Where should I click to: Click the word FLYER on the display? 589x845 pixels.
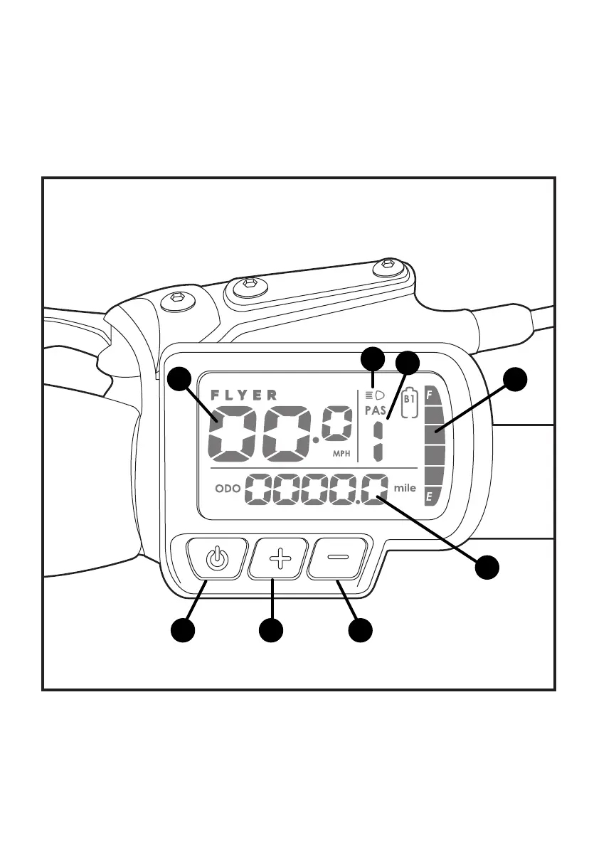pos(244,395)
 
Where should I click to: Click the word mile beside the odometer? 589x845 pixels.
pos(405,489)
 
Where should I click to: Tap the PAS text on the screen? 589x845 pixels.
pos(375,411)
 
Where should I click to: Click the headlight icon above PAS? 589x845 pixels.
pos(374,395)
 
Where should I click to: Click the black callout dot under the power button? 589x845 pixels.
pos(183,630)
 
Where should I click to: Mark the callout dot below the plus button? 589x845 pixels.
pos(272,630)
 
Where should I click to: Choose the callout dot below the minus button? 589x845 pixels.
pos(361,630)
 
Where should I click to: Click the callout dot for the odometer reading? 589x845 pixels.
pos(487,568)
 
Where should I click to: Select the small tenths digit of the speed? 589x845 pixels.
pos(336,426)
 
